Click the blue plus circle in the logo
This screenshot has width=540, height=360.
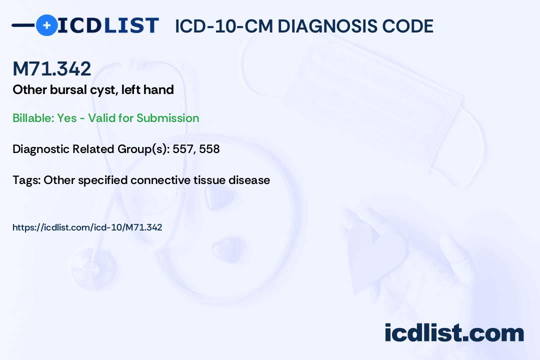46,25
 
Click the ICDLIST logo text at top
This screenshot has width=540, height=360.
108,25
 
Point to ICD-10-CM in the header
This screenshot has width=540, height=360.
223,26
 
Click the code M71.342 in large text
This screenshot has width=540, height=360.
52,68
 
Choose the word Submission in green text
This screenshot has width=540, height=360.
167,118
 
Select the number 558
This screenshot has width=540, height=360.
209,149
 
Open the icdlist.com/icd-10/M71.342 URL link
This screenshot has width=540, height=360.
87,227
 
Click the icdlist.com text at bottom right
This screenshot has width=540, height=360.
454,333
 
